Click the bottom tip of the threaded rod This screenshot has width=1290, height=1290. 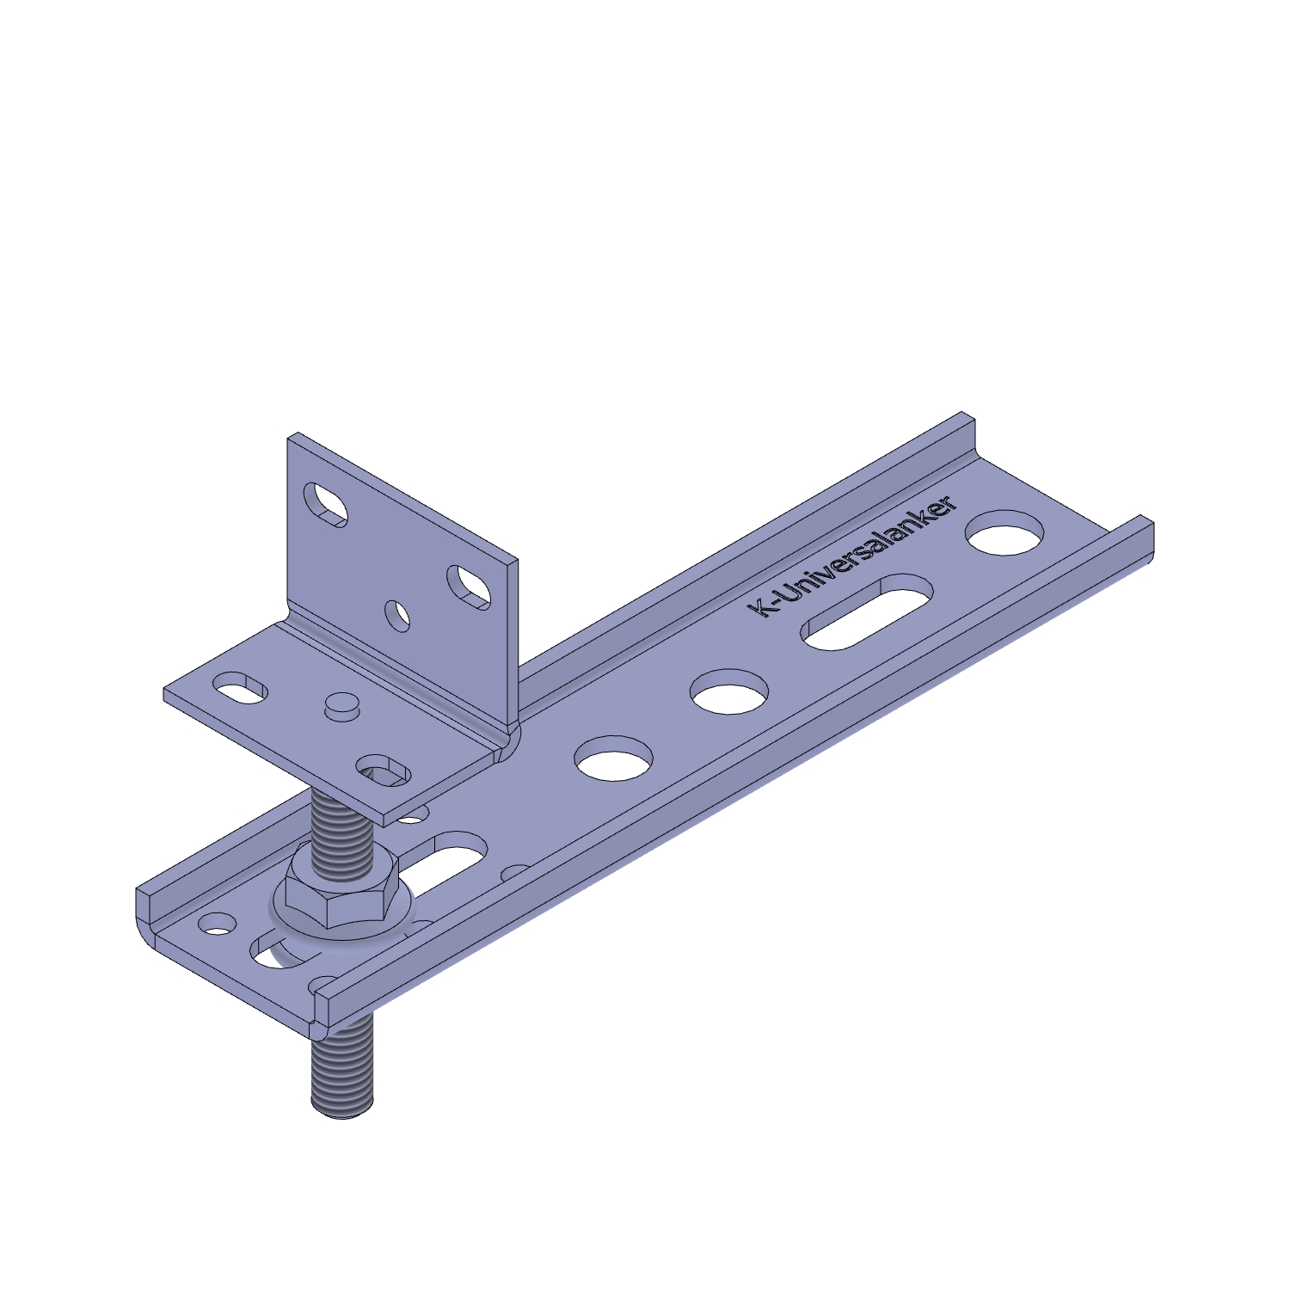[342, 1115]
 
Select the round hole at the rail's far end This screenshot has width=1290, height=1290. [1006, 531]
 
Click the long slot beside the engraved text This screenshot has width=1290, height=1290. [868, 612]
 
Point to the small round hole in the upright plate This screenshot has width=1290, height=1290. [398, 616]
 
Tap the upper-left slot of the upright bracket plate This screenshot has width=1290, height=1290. [326, 504]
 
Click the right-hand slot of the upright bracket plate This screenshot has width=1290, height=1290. [469, 587]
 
